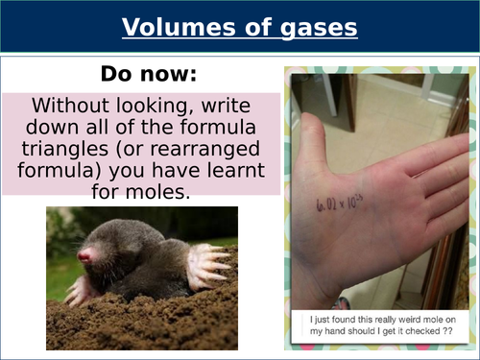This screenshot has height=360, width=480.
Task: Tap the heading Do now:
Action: [141, 73]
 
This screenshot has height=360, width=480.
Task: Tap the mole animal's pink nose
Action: [85, 256]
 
